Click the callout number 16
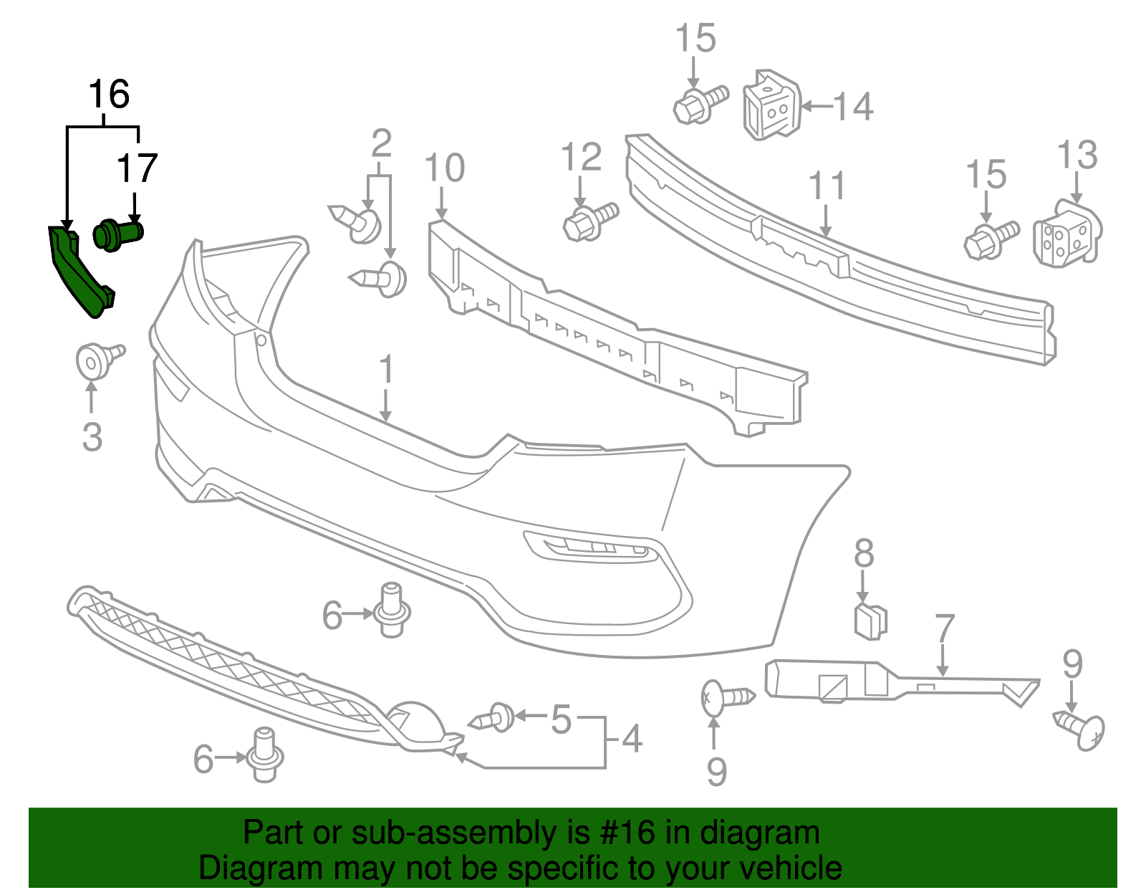(x=109, y=95)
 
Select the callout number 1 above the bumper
(x=386, y=370)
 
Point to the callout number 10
(x=444, y=169)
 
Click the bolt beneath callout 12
(x=589, y=221)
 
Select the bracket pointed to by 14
(x=771, y=106)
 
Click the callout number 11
(x=827, y=186)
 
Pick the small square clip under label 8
(x=870, y=621)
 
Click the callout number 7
(x=945, y=629)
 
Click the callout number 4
(x=631, y=738)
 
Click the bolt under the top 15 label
(x=698, y=105)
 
